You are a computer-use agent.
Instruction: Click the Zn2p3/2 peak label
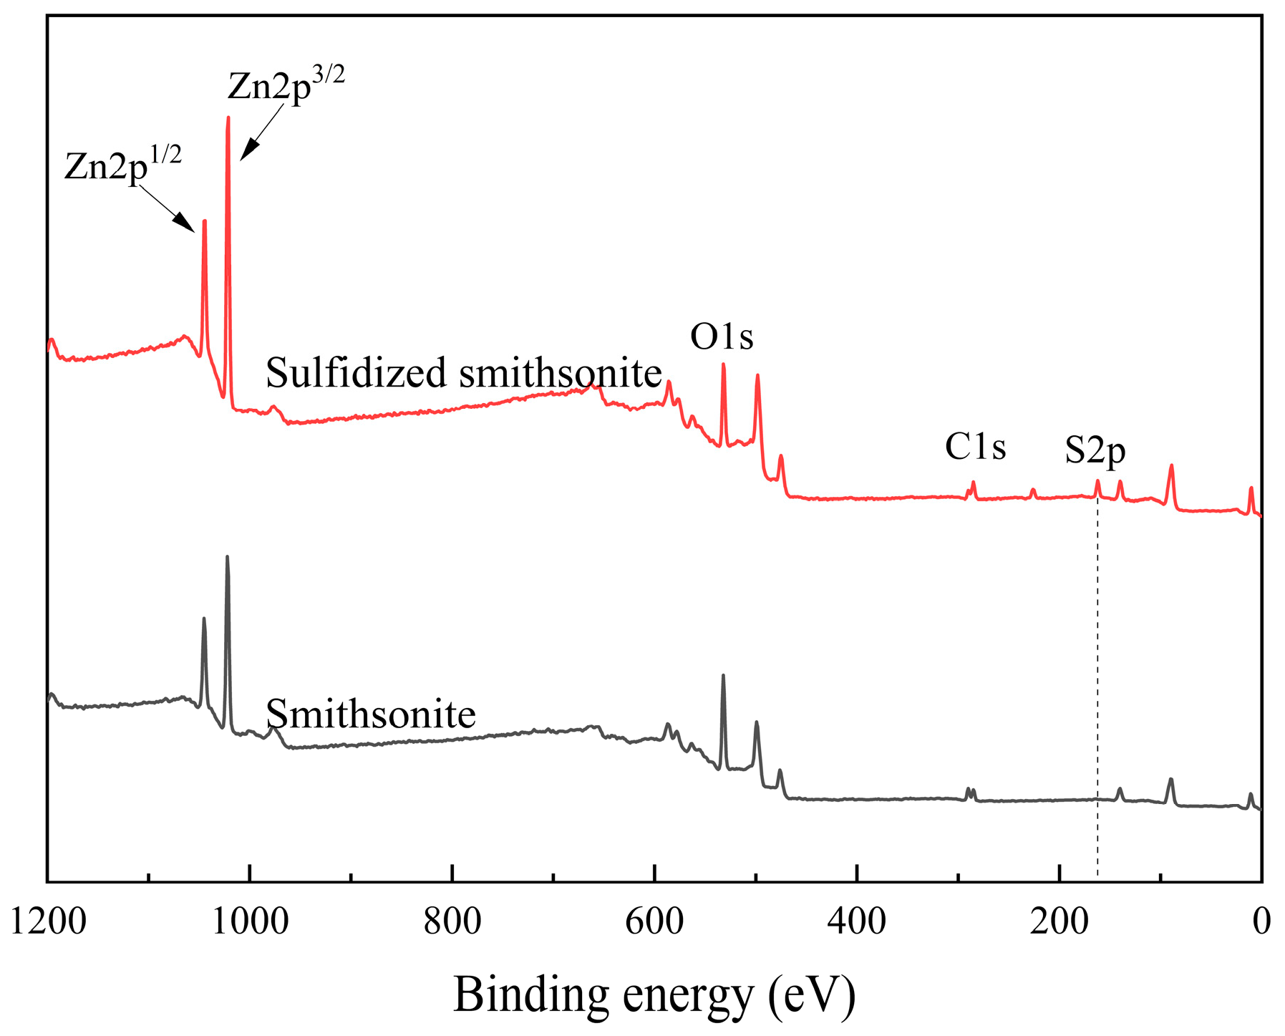pos(285,84)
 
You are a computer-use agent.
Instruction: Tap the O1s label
pos(722,337)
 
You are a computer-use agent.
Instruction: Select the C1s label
pos(975,447)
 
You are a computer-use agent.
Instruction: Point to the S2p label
pos(1095,451)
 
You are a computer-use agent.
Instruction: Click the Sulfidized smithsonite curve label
pos(463,373)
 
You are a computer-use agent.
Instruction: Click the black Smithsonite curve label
pos(370,714)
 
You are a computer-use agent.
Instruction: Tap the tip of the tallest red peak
pos(228,118)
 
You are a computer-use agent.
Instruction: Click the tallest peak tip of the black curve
pos(227,557)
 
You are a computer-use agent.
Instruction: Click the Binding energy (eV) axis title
pos(654,995)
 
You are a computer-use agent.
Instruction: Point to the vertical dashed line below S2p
pos(1097,680)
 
